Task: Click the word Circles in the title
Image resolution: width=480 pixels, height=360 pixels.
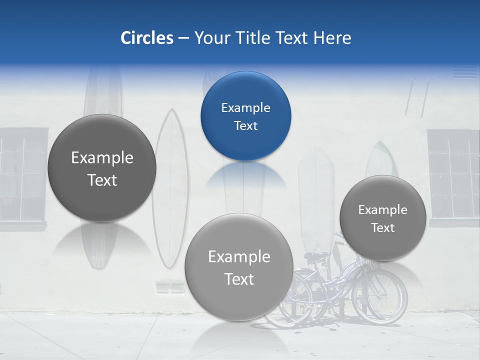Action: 146,38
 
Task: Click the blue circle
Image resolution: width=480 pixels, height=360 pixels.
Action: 245,116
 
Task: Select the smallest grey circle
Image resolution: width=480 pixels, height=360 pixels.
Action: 382,218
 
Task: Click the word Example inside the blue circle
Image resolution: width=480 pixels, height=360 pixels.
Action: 245,107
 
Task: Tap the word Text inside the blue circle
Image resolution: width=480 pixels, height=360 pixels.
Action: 245,125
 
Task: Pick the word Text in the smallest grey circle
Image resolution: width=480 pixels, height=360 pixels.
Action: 382,227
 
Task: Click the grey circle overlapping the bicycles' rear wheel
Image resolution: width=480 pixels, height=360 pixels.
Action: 238,267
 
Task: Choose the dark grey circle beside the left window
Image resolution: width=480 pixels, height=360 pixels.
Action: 102,168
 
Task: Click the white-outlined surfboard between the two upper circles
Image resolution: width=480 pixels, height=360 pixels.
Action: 171,185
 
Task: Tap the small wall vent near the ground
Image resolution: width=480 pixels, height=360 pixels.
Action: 170,288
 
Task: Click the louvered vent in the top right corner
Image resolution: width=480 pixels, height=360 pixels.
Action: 464,72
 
